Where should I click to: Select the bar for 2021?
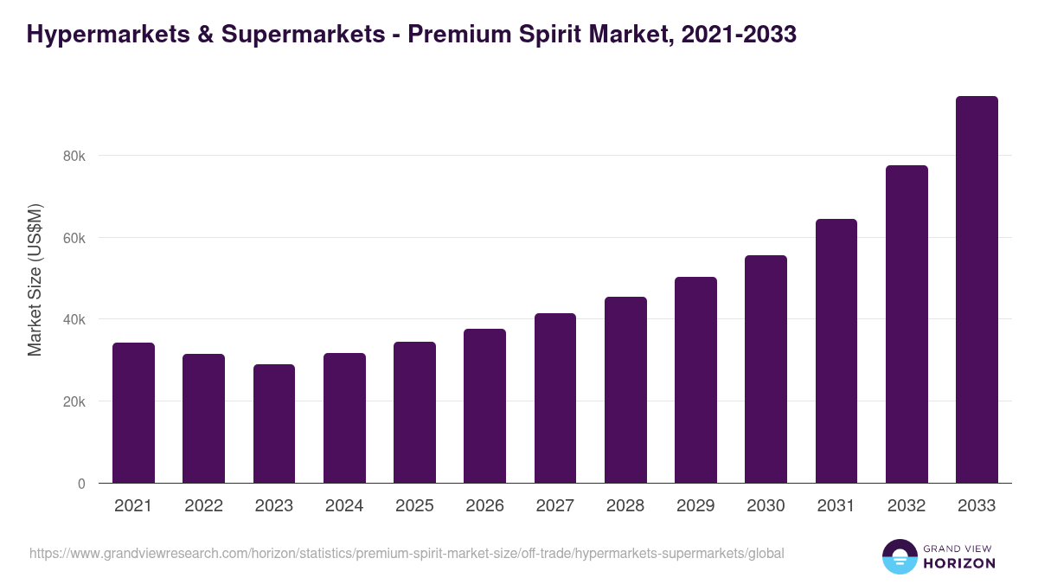click(x=133, y=413)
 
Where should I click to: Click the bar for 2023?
click(x=274, y=424)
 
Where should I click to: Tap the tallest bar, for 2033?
click(x=977, y=290)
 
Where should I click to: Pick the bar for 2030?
click(x=766, y=369)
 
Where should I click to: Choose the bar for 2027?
click(x=555, y=398)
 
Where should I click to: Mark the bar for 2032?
click(x=907, y=324)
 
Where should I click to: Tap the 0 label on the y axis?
click(x=81, y=484)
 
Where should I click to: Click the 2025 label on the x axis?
click(x=414, y=506)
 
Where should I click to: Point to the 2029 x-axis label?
click(x=695, y=506)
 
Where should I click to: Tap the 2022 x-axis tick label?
click(x=203, y=506)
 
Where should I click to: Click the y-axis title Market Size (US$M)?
click(x=35, y=279)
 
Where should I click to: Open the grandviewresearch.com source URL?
click(x=407, y=553)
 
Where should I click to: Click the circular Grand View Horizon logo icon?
click(x=899, y=556)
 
